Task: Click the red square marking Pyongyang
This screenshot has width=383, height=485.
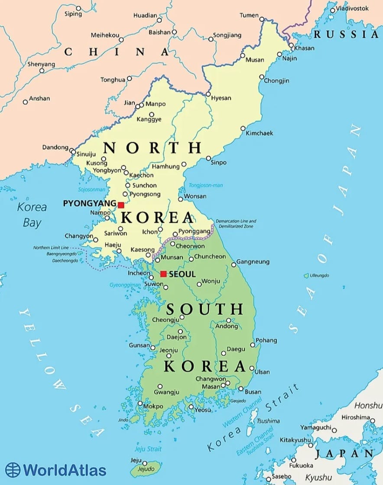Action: (x=121, y=205)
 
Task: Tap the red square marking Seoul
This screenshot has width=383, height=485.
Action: (x=163, y=274)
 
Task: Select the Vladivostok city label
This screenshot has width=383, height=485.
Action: (x=352, y=8)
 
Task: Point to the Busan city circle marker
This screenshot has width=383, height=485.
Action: (x=241, y=389)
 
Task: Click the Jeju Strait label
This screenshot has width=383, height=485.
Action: (x=148, y=449)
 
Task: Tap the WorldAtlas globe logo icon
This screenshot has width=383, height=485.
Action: (x=13, y=470)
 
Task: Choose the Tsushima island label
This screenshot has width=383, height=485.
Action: (x=268, y=421)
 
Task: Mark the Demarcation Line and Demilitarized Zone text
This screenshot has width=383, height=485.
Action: (x=236, y=224)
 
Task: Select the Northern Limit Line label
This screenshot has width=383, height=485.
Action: (x=51, y=247)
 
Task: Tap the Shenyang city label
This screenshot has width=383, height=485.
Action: (x=41, y=64)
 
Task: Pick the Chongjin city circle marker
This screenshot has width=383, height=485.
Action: (x=262, y=77)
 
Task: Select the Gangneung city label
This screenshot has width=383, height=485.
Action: (x=253, y=262)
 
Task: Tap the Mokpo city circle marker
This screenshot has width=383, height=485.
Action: (x=140, y=404)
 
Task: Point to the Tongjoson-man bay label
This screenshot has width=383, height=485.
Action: (x=205, y=185)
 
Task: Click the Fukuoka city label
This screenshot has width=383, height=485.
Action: (x=301, y=465)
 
